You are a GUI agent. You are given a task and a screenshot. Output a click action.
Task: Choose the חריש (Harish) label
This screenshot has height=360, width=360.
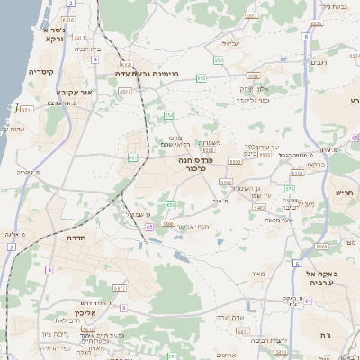click(346, 192)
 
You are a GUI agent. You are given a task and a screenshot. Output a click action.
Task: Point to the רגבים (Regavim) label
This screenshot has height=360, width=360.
click(319, 62)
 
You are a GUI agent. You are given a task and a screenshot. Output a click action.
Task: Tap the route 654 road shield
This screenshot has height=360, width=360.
click(219, 60)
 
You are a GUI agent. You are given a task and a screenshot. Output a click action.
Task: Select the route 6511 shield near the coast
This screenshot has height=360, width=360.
click(27, 109)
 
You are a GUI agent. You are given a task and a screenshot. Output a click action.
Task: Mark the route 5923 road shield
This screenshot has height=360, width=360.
click(320, 245)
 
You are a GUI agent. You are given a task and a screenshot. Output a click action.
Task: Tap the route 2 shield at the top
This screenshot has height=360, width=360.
click(70, 3)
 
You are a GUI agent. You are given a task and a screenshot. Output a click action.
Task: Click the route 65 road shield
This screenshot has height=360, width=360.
click(150, 228)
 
